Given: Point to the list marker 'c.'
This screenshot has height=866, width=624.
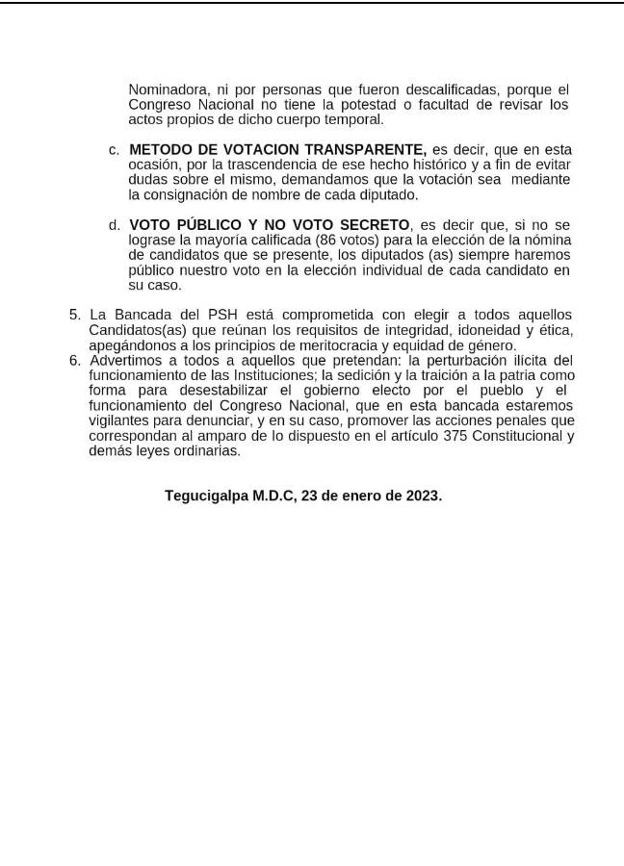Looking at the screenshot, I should point(114,150).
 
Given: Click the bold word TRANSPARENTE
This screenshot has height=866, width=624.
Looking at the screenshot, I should point(365,150).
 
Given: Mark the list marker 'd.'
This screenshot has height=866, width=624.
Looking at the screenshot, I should point(114,225).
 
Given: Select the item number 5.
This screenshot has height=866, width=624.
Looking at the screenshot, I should point(74,316).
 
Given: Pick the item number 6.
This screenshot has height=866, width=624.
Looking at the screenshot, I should point(74,361).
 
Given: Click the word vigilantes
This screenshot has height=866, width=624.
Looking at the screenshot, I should point(122,420).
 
